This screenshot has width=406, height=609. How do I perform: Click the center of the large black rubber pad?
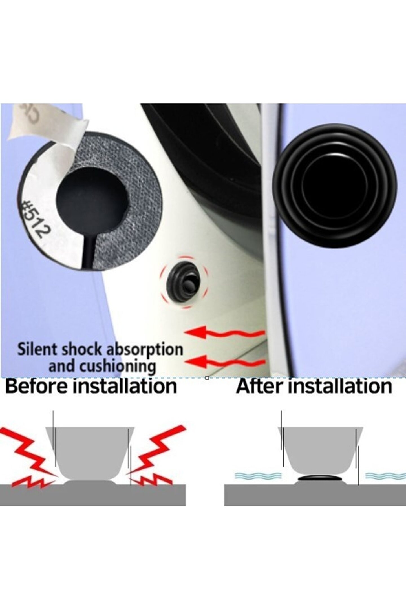(x=335, y=186)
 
